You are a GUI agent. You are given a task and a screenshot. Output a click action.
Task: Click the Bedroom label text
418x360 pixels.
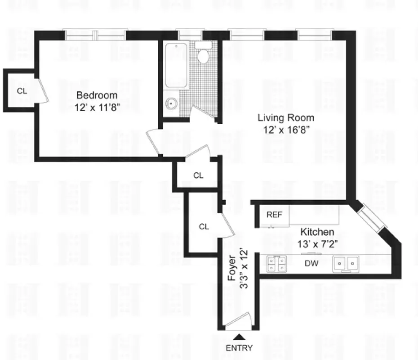click(x=97, y=95)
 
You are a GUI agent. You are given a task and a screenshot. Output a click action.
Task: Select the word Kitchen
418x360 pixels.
click(x=317, y=232)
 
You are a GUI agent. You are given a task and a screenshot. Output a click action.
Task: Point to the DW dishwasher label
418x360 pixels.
click(x=311, y=263)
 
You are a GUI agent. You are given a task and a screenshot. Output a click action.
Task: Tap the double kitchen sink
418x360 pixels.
click(x=346, y=264)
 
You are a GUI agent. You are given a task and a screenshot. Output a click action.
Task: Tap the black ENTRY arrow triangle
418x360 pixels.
click(x=240, y=336)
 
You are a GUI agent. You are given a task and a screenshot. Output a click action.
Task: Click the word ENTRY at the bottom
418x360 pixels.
click(x=239, y=348)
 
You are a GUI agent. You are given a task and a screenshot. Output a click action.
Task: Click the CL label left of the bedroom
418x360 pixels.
click(x=22, y=91)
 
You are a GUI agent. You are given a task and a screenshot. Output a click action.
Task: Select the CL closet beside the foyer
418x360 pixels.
click(x=204, y=227)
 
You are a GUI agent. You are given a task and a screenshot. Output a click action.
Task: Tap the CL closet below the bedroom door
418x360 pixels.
click(x=198, y=175)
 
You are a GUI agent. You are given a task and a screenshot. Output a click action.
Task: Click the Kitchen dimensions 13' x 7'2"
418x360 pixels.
click(x=317, y=244)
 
